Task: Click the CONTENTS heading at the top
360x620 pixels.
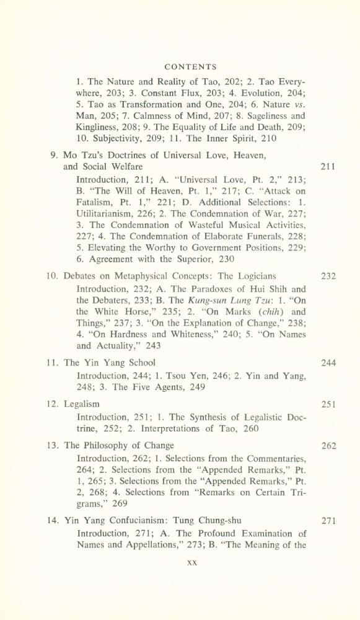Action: click(x=191, y=66)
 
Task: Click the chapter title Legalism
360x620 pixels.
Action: click(x=82, y=404)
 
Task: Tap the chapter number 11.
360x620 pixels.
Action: click(x=53, y=363)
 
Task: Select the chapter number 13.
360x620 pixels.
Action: click(x=53, y=445)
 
